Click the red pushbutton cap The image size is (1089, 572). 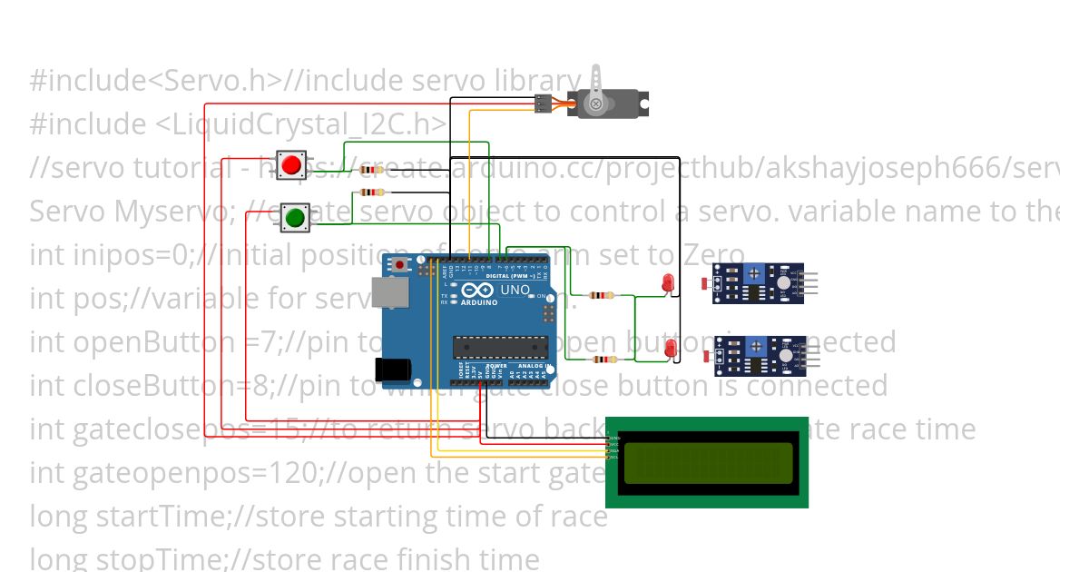pyautogui.click(x=291, y=165)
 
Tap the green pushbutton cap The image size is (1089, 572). pyautogui.click(x=294, y=218)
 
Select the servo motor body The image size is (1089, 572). pyautogui.click(x=609, y=104)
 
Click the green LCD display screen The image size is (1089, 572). pyautogui.click(x=707, y=462)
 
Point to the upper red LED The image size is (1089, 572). pyautogui.click(x=668, y=281)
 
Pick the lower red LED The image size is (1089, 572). pyautogui.click(x=670, y=349)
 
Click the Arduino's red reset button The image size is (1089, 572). pyautogui.click(x=400, y=264)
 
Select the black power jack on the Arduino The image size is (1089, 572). pyautogui.click(x=393, y=368)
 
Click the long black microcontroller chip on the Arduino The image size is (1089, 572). pyautogui.click(x=502, y=346)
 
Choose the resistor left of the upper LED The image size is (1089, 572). pyautogui.click(x=601, y=295)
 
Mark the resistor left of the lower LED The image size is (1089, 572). pyautogui.click(x=603, y=360)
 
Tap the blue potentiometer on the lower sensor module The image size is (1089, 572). pyautogui.click(x=754, y=344)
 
